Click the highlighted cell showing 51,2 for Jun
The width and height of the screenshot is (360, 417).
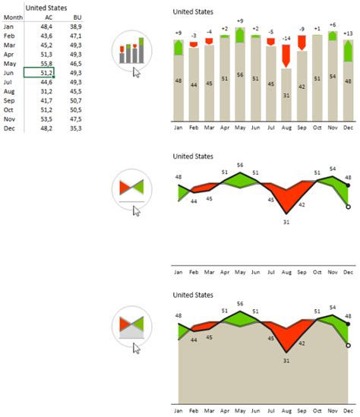click(x=39, y=72)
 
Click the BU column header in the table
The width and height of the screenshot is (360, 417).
click(x=76, y=17)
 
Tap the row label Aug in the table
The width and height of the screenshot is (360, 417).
click(x=10, y=91)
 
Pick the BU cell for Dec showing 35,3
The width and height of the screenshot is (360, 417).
click(x=75, y=128)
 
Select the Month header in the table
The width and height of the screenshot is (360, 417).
click(x=13, y=17)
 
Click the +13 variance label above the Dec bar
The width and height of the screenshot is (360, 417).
click(x=348, y=33)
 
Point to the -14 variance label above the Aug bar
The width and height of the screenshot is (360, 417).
click(x=286, y=38)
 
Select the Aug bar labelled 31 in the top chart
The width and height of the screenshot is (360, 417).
click(x=286, y=96)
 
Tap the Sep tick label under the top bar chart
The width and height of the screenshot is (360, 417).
click(x=302, y=129)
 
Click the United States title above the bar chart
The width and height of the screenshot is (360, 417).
click(x=193, y=12)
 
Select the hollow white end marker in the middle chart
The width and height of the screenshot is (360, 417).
click(x=348, y=206)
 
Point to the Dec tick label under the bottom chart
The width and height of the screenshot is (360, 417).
click(x=348, y=410)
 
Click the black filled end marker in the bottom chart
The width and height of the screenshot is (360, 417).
click(x=348, y=324)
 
